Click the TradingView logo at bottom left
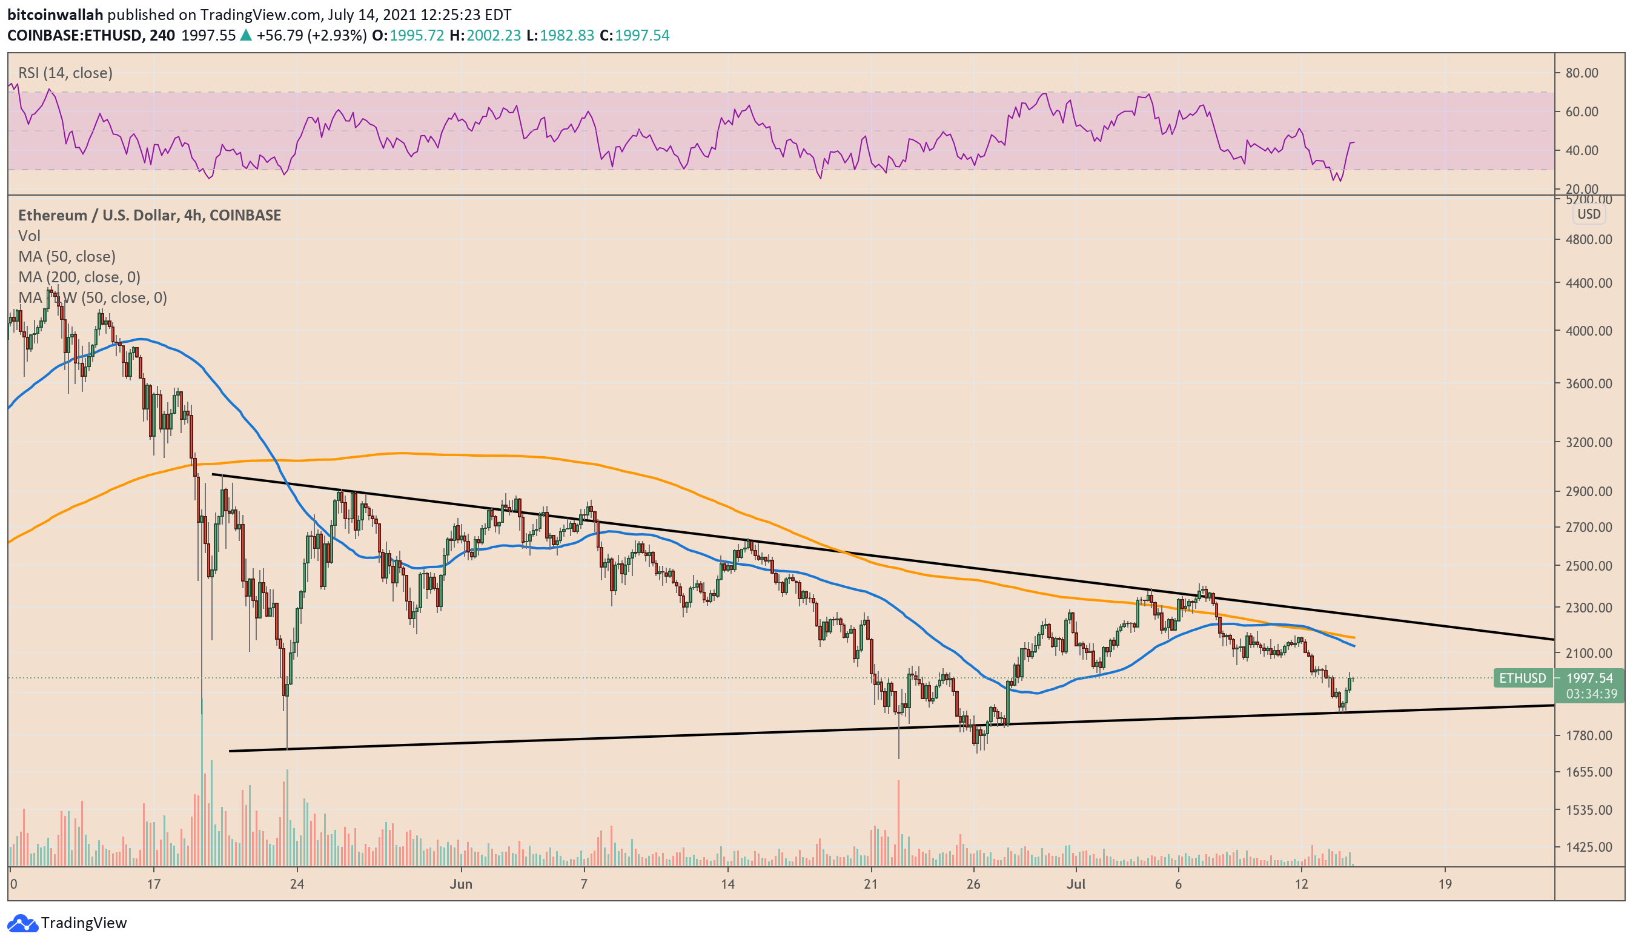tap(67, 923)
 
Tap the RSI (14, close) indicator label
tap(65, 73)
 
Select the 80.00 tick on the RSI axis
tap(1581, 73)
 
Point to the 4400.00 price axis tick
tap(1588, 283)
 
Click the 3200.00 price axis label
tap(1588, 442)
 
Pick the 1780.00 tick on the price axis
tap(1588, 735)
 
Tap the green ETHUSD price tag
tap(1522, 678)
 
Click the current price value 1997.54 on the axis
tap(1589, 678)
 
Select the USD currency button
tap(1588, 214)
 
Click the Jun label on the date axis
tap(461, 884)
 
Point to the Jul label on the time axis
tap(1076, 884)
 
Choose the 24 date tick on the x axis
tap(297, 884)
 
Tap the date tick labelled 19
tap(1445, 884)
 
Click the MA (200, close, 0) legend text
tap(79, 277)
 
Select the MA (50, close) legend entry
tap(67, 256)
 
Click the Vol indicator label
tap(29, 235)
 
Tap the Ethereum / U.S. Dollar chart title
tap(149, 215)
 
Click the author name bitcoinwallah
tap(55, 15)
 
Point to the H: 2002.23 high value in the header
tap(485, 35)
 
